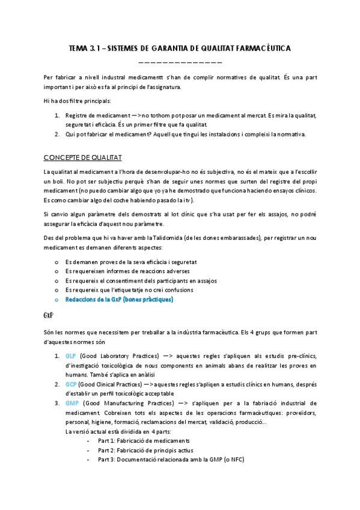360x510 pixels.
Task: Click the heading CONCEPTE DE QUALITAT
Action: pos(83,158)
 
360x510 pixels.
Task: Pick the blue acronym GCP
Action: pos(71,384)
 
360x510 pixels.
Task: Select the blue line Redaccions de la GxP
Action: pos(118,299)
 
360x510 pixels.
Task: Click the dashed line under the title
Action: pos(180,61)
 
